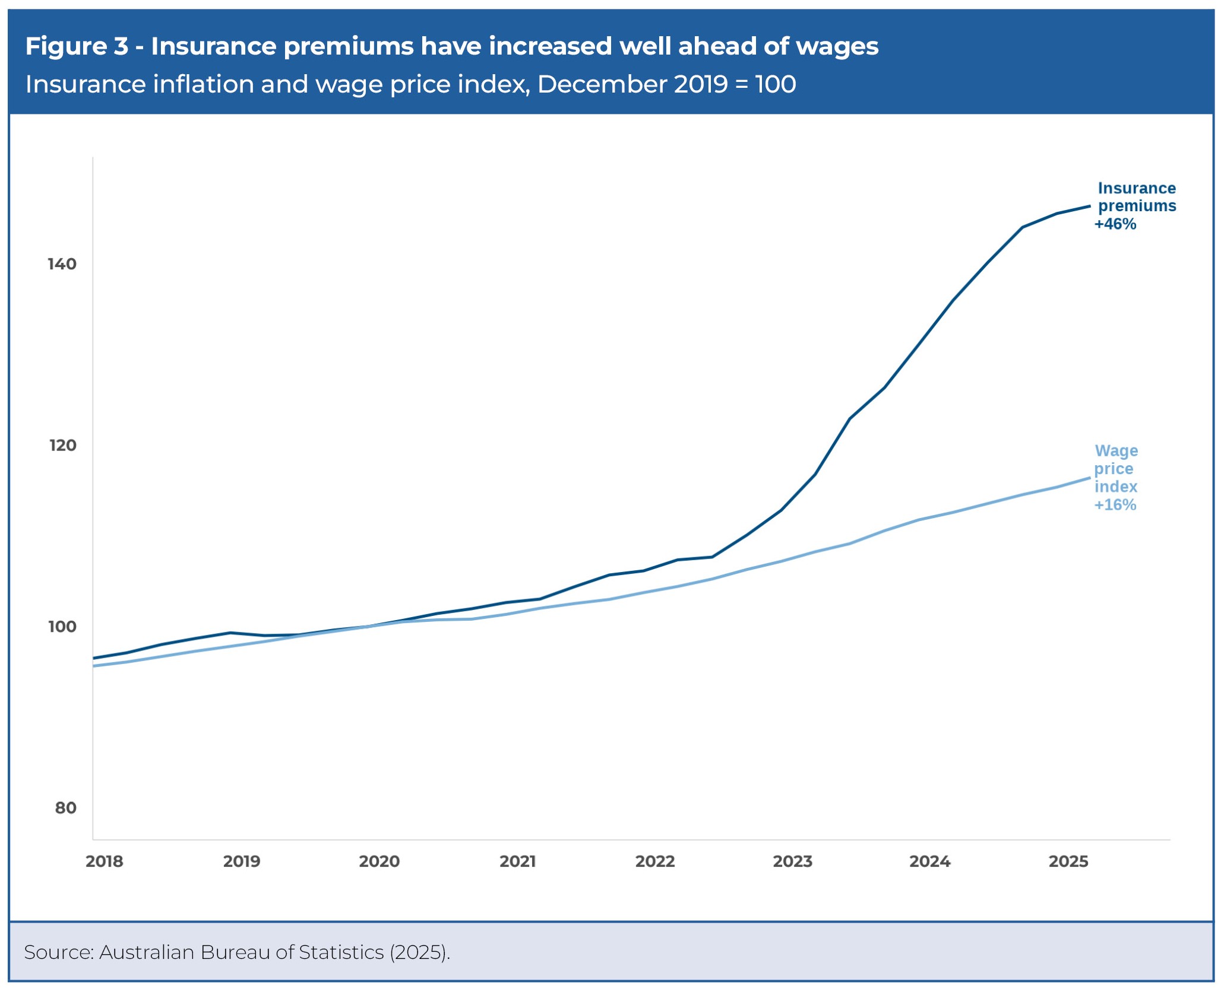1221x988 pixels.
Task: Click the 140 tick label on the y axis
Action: click(62, 264)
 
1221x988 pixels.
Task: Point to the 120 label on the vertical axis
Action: click(63, 445)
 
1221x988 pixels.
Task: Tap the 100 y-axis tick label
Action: click(62, 627)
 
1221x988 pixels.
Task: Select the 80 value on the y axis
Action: click(66, 808)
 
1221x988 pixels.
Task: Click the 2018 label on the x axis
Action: click(105, 861)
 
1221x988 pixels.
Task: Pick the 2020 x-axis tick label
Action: click(379, 861)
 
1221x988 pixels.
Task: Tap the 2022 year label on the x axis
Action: click(655, 861)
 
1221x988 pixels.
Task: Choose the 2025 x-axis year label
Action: click(1068, 861)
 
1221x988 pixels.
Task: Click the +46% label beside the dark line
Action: click(1115, 224)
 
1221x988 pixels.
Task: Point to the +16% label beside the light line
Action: click(1115, 505)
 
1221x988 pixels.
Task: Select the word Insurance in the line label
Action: click(1137, 188)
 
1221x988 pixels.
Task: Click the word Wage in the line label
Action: click(1116, 451)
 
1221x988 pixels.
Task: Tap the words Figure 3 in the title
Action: click(77, 46)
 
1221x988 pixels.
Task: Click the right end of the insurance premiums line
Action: click(1090, 206)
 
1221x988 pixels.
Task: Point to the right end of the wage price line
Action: click(1090, 478)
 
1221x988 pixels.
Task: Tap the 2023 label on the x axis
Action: click(793, 861)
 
